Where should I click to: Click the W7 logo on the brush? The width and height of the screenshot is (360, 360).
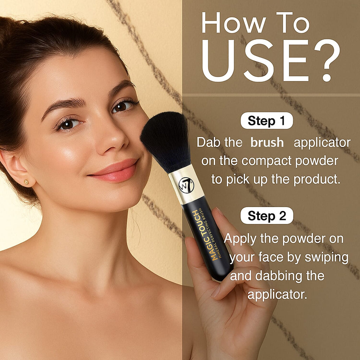186,185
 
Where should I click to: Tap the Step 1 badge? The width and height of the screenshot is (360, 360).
266,121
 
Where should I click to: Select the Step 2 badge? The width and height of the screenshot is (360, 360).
267,216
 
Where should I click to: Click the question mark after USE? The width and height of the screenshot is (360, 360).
327,60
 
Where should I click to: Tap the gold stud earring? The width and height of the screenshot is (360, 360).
26,182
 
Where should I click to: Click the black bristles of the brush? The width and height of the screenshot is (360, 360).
166,141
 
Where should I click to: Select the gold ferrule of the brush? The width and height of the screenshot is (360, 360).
186,184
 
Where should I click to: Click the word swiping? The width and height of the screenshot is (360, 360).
327,258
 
